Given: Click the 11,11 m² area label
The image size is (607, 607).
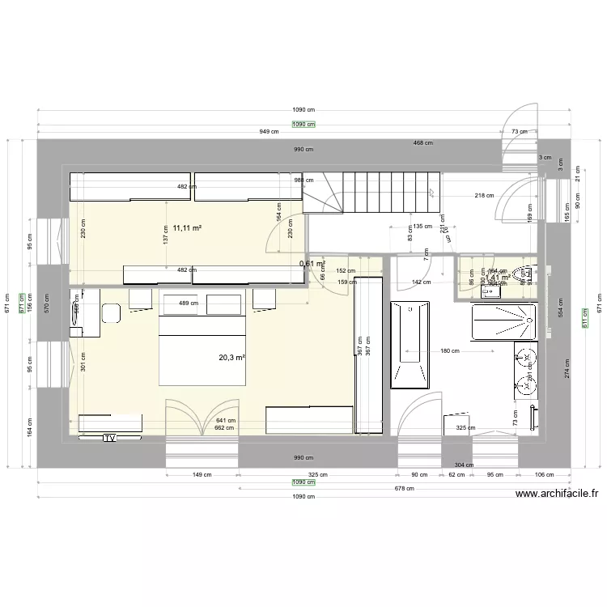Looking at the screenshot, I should coord(187,229).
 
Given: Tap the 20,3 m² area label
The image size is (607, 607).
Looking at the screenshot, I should coord(231,357).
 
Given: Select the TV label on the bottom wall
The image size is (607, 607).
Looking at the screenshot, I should coord(109,438).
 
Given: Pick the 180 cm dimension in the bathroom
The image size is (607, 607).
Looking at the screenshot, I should coord(450,351).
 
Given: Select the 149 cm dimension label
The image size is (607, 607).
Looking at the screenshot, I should coord(202,475).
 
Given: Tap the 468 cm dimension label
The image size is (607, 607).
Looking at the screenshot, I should coord(423,143).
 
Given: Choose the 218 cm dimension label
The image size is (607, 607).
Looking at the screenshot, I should coord(484,195).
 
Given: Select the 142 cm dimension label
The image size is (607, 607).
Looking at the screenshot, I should coord(420,282).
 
